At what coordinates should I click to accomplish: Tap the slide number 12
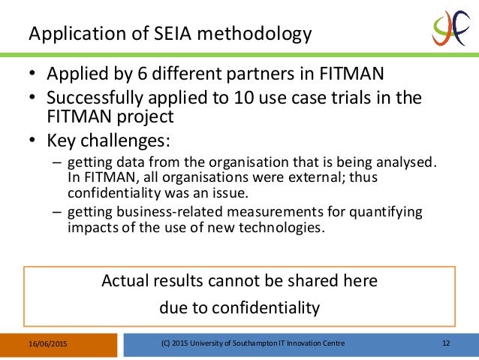coord(446,343)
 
